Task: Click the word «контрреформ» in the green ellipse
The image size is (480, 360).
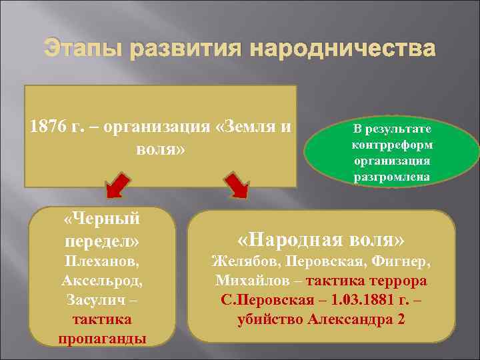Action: coord(392,145)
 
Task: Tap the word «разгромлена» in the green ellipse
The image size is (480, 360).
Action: coord(392,177)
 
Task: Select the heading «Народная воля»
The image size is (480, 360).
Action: coord(321,239)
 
